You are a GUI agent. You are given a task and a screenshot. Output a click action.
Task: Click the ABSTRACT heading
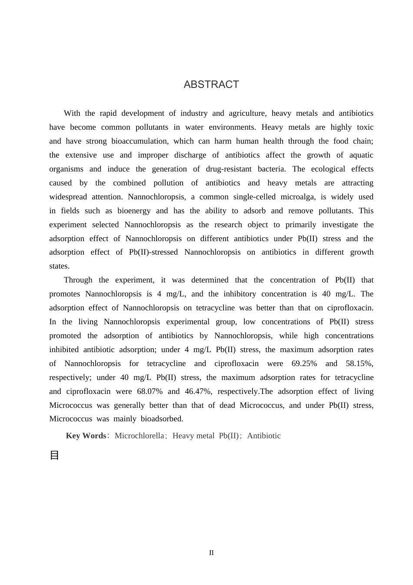(x=211, y=84)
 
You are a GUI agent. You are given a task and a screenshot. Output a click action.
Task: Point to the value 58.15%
(x=359, y=363)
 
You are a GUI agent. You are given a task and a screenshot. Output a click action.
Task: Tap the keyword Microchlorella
(x=139, y=436)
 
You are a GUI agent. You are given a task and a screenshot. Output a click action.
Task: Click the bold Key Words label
(x=86, y=436)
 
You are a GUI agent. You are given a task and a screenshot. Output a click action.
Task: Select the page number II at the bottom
(x=211, y=553)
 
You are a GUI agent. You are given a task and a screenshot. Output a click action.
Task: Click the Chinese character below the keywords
(x=54, y=456)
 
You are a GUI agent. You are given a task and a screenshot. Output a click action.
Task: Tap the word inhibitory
(x=239, y=294)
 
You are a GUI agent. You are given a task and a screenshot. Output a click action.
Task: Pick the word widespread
(x=68, y=197)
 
